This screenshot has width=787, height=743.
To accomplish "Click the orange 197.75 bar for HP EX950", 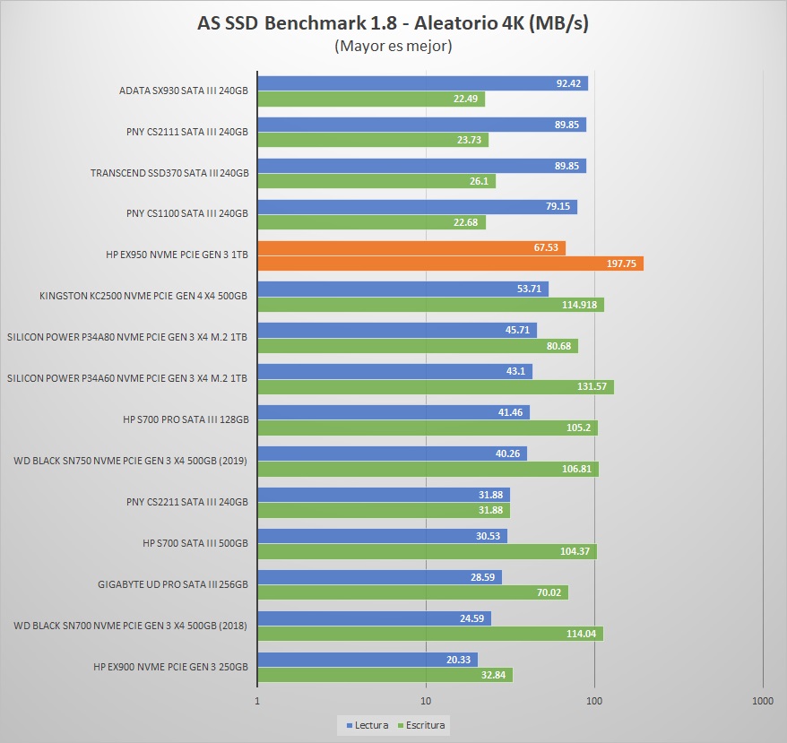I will tap(450, 264).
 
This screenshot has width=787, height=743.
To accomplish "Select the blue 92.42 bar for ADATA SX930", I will tap(422, 83).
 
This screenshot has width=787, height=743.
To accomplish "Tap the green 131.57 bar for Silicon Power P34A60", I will tap(436, 387).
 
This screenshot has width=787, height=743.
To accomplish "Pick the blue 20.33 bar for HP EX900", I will tap(368, 660).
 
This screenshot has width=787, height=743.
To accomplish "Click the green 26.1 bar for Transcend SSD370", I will tap(376, 181).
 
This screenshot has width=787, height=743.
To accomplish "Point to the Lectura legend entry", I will tap(367, 724).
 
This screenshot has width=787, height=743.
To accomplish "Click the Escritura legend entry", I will tap(420, 724).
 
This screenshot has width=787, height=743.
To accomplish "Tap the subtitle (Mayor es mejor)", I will tap(393, 46).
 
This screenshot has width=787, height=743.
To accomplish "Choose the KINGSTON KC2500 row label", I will tap(143, 295).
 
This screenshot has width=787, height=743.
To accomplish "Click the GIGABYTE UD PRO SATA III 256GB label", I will tap(173, 583).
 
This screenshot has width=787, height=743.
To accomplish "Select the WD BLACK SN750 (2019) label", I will tap(131, 460).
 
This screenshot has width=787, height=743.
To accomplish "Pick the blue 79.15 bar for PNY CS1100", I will tap(417, 207).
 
